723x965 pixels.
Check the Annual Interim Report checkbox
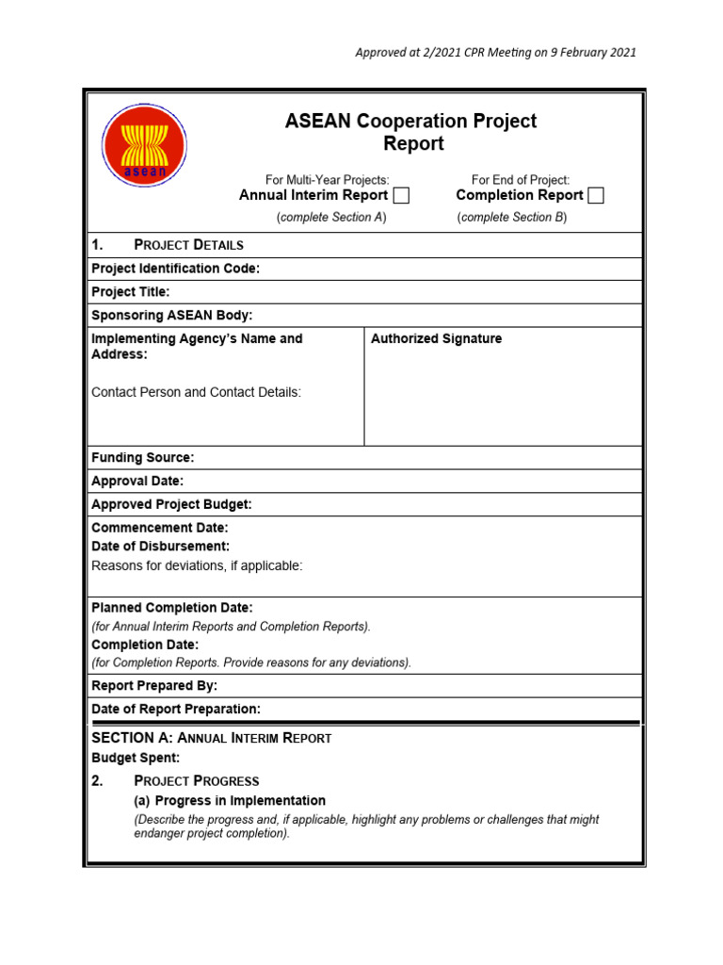401,196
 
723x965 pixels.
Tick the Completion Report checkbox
595,196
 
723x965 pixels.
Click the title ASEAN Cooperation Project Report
410,132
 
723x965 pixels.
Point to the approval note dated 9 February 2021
495,52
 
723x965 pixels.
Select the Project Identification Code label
175,269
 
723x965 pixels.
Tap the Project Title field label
131,292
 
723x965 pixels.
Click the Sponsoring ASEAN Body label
171,315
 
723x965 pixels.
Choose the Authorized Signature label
436,338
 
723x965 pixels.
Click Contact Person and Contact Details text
196,392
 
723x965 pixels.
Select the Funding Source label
142,457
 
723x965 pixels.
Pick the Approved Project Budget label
171,504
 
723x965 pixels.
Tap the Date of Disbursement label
160,547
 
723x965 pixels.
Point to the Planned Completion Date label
171,608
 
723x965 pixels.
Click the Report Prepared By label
153,685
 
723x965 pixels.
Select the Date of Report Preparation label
176,709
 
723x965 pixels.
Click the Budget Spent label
135,758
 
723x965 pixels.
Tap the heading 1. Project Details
168,244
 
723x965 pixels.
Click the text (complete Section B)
512,218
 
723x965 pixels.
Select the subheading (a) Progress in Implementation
231,800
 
